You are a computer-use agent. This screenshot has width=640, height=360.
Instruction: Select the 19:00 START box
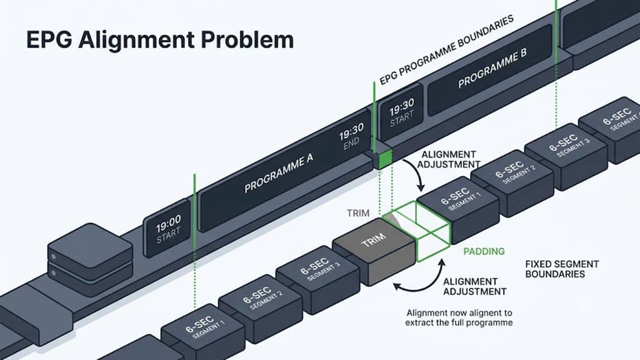click(167, 229)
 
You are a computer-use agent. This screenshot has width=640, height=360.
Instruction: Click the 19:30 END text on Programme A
click(351, 137)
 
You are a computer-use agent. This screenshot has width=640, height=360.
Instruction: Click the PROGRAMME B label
click(492, 67)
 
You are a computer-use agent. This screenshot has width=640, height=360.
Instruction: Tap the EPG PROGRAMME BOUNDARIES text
click(446, 50)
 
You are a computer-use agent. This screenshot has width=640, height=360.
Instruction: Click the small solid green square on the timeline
click(385, 159)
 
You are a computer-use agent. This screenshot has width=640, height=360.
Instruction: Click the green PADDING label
click(484, 251)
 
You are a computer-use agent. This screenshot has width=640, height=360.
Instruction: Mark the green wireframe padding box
click(416, 230)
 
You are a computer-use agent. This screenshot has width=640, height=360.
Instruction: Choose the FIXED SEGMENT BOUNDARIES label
click(562, 269)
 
